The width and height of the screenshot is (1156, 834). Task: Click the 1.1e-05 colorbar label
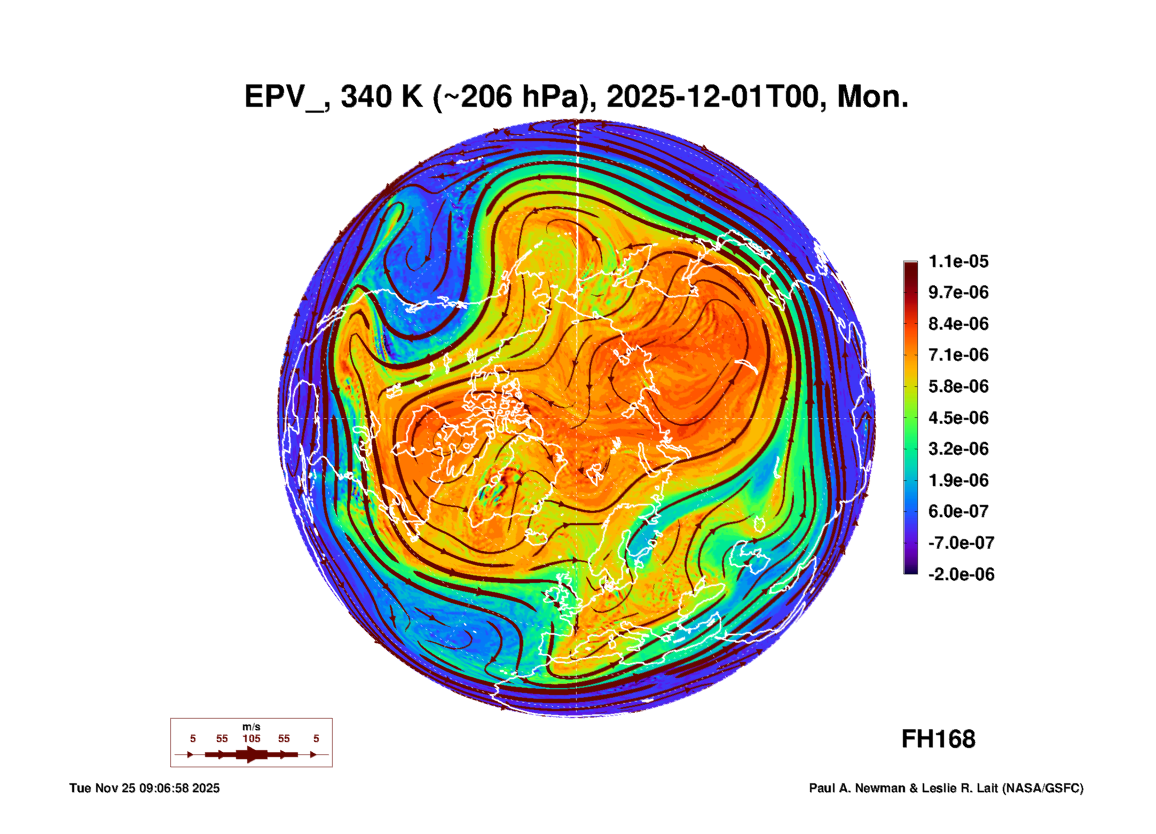[x=958, y=261]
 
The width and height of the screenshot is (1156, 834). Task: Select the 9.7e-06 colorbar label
[x=958, y=292]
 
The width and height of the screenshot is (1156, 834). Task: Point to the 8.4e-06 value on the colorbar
[x=958, y=324]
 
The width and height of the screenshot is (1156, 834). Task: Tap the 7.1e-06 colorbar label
[x=958, y=355]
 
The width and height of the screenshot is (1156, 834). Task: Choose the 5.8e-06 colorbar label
[x=958, y=386]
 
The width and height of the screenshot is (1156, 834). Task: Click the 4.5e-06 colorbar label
[x=958, y=418]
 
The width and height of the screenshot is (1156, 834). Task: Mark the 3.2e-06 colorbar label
[x=958, y=449]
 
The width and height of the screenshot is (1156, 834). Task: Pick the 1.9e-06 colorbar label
[x=958, y=480]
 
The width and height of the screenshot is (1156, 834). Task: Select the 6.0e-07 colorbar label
[x=958, y=511]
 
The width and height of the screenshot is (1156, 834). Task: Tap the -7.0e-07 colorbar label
[x=961, y=543]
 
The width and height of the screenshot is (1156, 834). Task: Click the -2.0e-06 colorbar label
[x=961, y=574]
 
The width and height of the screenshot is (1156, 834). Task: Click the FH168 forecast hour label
[x=938, y=739]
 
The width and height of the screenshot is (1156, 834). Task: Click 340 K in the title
[x=381, y=97]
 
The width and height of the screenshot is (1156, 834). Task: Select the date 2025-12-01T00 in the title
[x=713, y=97]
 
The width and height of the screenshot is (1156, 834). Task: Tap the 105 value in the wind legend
[x=251, y=738]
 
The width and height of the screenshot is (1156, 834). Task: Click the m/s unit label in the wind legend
[x=251, y=727]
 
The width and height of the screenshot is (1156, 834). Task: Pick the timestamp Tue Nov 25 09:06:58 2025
[x=144, y=788]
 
